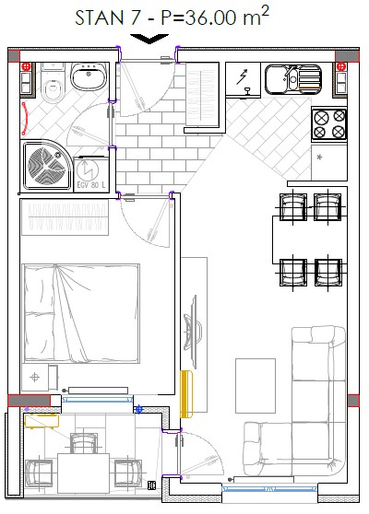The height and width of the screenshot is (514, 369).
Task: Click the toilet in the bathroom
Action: [53, 85]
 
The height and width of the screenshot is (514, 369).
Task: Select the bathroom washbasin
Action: [89, 76]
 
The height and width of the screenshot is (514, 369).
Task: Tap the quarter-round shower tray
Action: [45, 166]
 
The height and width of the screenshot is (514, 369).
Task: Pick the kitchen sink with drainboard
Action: [293, 79]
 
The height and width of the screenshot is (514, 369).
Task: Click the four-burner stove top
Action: [329, 124]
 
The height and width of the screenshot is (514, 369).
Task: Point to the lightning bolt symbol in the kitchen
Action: [243, 77]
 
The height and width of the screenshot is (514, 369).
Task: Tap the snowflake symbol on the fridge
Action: [319, 158]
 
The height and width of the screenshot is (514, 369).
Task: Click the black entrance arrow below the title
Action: [149, 39]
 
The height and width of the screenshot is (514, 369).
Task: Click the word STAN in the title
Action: [100, 18]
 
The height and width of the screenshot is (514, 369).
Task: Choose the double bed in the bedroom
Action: [81, 313]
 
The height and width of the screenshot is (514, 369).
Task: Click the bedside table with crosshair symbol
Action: [35, 378]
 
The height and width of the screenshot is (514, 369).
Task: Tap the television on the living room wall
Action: [191, 331]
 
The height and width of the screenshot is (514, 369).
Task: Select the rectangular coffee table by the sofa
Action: [256, 386]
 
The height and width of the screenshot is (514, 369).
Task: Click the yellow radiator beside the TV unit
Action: [186, 394]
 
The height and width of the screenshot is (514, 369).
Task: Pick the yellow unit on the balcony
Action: [42, 421]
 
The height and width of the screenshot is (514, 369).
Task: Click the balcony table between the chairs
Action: [83, 473]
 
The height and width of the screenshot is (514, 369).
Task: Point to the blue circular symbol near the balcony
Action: [139, 409]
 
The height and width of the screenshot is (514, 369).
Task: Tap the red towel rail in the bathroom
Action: [25, 119]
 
